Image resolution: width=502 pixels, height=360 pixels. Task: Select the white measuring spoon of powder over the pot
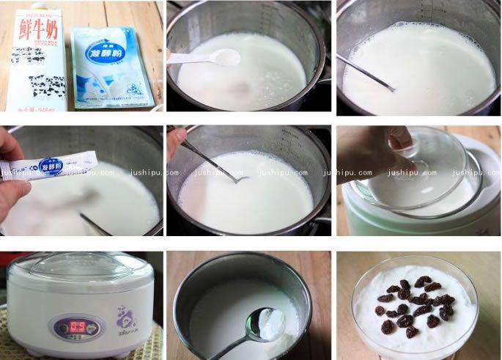click(224, 57)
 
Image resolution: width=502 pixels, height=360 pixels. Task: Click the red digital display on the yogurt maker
click(70, 324)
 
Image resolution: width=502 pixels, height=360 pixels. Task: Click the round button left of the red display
click(56, 325)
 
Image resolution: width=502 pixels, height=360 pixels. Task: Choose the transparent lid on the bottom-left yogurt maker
click(81, 265)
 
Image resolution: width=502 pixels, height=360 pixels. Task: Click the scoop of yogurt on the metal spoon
click(272, 322)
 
